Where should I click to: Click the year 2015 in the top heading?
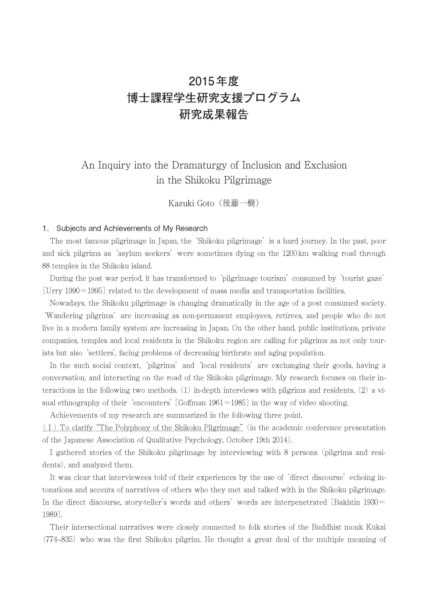coord(201,81)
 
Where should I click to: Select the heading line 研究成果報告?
coord(214,115)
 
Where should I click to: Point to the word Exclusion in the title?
coord(325,165)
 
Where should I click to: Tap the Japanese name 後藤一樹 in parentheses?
coord(239,203)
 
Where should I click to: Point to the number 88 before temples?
coord(46,266)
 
